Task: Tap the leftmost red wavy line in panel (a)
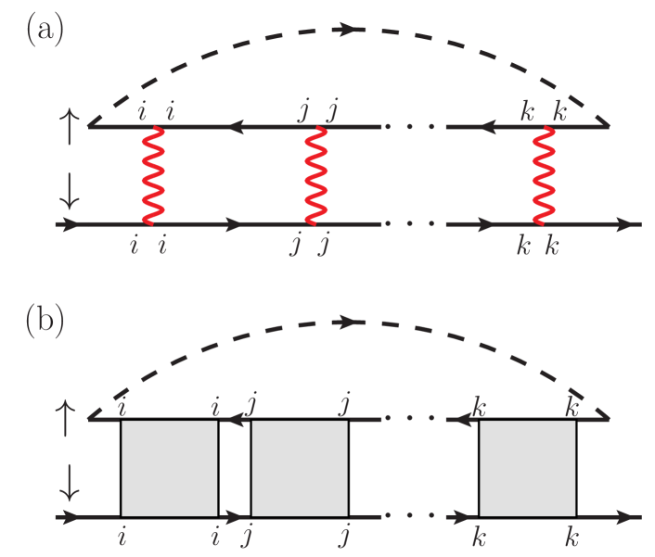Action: click(151, 175)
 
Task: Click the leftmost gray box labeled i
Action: click(170, 468)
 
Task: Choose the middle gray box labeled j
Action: click(300, 468)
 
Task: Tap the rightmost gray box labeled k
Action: click(527, 468)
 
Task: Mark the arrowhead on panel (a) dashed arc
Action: click(347, 30)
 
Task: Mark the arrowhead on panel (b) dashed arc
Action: click(347, 322)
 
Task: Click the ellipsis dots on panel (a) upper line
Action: click(413, 126)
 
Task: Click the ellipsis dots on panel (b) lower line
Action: click(413, 516)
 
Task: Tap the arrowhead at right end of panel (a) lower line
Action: click(632, 224)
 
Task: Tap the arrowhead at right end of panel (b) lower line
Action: click(632, 516)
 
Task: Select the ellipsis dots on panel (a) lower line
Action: click(413, 224)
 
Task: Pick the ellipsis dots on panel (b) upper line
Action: click(413, 419)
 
